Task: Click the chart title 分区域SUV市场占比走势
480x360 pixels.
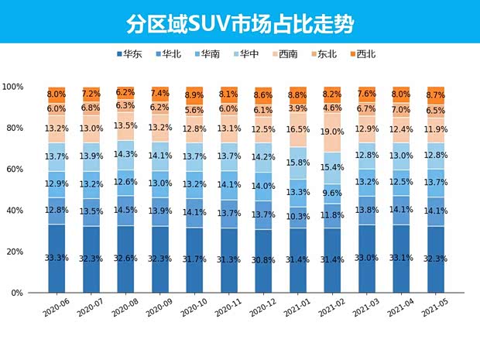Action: pyautogui.click(x=240, y=24)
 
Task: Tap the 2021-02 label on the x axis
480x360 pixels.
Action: pyautogui.click(x=329, y=310)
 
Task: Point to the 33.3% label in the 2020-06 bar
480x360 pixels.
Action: pyautogui.click(x=57, y=258)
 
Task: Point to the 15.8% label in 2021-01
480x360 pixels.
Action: pyautogui.click(x=299, y=163)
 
